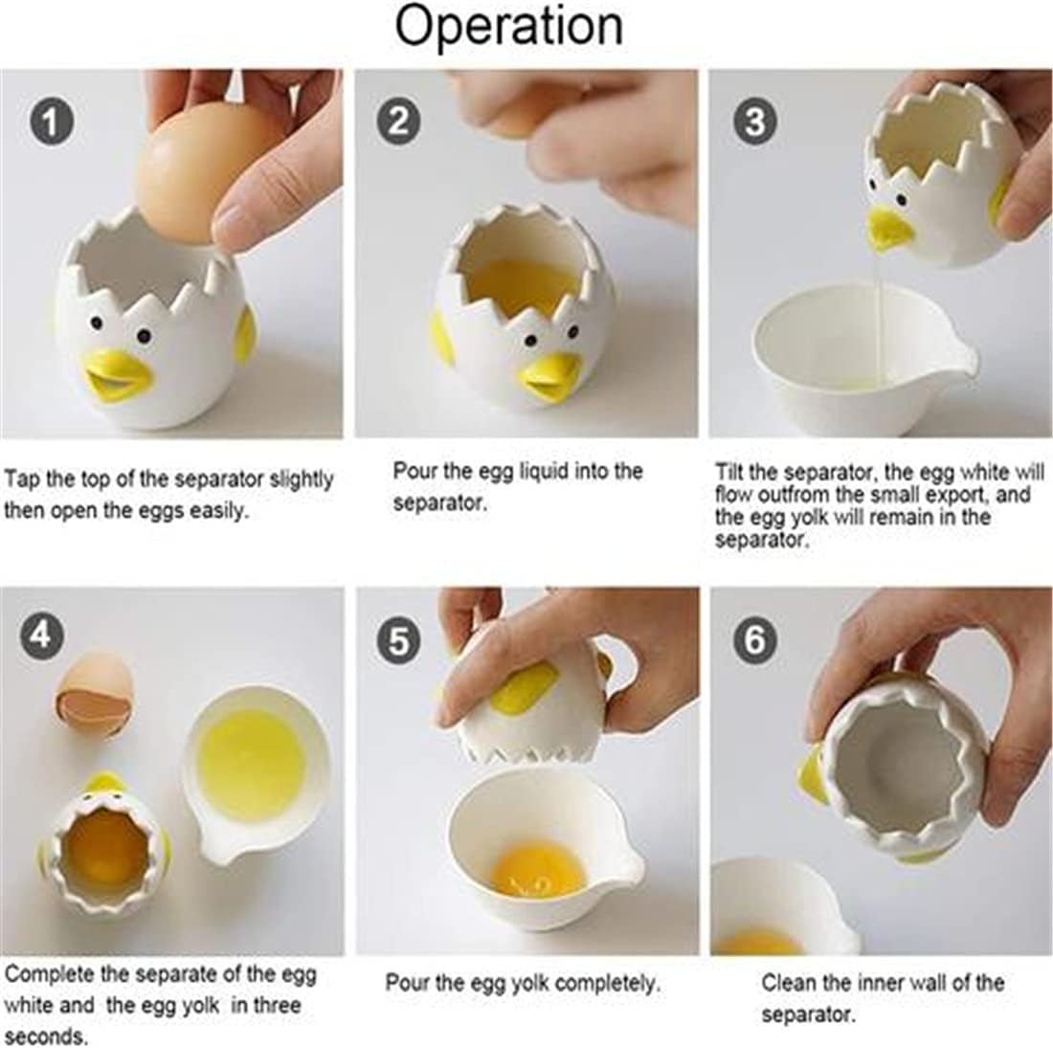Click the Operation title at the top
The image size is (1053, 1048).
508,27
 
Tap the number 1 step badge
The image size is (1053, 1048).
51,124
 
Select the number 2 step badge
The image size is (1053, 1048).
399,123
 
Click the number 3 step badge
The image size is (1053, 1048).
755,123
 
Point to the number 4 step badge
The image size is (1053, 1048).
42,634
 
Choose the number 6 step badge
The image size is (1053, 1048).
755,638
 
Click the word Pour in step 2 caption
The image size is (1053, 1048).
413,471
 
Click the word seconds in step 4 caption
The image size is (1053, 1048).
46,1036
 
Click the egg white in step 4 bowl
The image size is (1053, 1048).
252,758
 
